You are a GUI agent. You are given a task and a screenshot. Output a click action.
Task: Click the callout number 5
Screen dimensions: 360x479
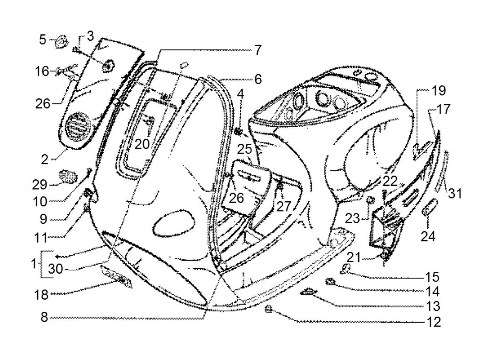(42, 40)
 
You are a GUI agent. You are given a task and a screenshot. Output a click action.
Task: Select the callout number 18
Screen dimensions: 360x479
(41, 294)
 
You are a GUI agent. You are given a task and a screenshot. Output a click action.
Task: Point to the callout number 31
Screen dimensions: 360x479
(455, 193)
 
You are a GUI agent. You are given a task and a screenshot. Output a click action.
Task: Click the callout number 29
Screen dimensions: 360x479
(40, 184)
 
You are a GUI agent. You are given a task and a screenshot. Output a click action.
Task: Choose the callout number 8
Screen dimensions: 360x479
(44, 317)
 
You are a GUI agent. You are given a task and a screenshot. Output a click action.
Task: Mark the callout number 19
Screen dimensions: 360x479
(438, 91)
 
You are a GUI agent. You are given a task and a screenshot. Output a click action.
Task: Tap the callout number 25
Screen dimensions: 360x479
(245, 150)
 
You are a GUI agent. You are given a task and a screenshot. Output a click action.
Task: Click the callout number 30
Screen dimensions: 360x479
(55, 269)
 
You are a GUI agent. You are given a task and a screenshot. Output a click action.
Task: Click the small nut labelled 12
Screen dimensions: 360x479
(269, 310)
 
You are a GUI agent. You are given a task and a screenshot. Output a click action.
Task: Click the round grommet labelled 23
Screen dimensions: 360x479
(370, 200)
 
